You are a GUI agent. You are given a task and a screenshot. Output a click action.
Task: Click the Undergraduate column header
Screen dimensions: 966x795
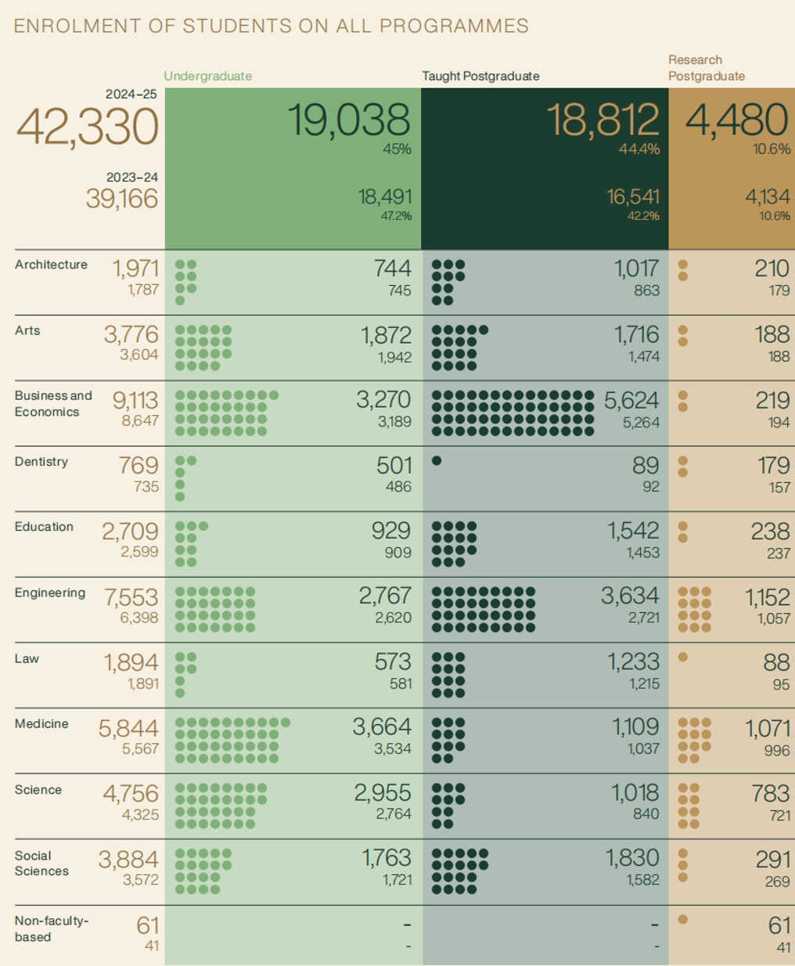[x=207, y=76]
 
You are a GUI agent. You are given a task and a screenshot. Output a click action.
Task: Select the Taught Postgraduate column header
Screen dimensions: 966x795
[x=480, y=76]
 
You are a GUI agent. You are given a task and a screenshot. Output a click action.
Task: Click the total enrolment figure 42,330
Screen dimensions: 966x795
[x=88, y=127]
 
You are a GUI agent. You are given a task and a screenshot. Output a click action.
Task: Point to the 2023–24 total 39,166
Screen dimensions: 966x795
[x=121, y=199]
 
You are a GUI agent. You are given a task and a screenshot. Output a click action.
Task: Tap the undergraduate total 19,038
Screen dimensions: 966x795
[x=349, y=121]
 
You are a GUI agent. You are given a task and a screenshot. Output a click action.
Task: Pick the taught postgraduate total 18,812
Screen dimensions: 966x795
[x=603, y=121]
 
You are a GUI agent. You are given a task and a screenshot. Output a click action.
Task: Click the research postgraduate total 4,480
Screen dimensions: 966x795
[x=737, y=121]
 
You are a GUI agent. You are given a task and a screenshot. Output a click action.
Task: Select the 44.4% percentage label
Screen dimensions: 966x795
[x=639, y=149]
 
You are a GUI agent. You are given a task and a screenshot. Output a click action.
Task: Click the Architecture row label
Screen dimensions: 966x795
[x=51, y=265]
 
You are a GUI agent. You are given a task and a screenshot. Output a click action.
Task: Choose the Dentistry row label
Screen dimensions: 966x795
[x=41, y=462]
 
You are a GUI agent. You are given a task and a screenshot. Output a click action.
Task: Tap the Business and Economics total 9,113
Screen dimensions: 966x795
[x=135, y=401]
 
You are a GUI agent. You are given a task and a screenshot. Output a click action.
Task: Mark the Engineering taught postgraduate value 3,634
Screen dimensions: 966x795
[x=630, y=597]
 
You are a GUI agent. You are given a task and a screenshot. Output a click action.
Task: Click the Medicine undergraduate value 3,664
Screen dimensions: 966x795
[x=381, y=727]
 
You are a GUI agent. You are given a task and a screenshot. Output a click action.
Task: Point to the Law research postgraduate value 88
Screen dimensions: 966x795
[x=775, y=662]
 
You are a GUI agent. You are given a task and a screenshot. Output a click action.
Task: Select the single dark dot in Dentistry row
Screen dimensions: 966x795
[x=437, y=461]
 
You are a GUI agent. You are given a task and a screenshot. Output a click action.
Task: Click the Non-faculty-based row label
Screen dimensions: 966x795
[x=51, y=928]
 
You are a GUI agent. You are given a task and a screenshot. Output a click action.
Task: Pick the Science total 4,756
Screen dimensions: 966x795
[x=131, y=794]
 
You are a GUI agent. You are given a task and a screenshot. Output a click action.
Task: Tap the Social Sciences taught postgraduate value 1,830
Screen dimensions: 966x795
[x=632, y=859]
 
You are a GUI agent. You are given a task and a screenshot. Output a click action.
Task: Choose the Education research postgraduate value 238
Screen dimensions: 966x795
[x=770, y=532]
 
